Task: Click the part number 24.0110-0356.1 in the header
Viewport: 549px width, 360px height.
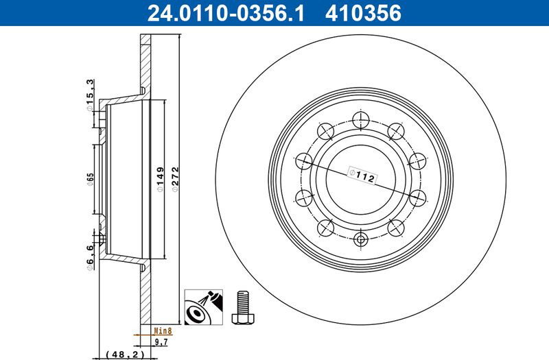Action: tap(226, 13)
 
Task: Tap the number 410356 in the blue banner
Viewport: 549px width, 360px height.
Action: tap(363, 13)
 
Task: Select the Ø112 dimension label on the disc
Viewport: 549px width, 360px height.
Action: tap(362, 176)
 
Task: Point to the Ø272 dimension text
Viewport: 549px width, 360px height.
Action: tap(175, 179)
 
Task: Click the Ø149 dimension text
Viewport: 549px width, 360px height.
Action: tap(160, 179)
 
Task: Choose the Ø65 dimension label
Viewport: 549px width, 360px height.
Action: tap(91, 179)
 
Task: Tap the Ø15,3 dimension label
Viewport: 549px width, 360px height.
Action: tap(90, 95)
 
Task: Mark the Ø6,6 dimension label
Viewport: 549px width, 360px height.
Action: tap(90, 258)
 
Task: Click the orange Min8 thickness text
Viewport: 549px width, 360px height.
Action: tap(163, 331)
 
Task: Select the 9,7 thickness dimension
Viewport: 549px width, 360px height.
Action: tap(161, 341)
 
